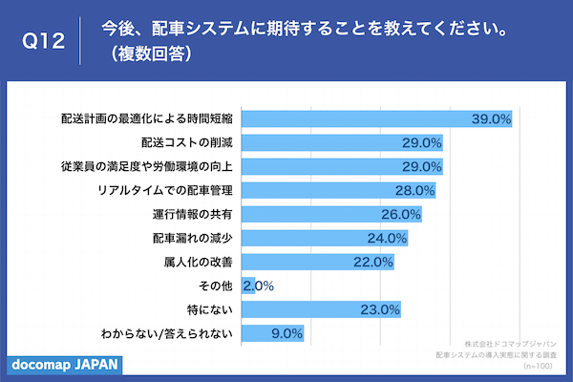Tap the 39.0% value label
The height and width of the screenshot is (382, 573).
pos(493,119)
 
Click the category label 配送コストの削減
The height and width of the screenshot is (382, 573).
pos(187,143)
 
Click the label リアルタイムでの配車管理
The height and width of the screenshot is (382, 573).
pos(166,191)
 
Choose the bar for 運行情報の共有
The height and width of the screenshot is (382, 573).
pos(325,215)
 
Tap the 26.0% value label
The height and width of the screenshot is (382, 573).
pos(401,215)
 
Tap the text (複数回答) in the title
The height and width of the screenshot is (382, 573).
pos(153,54)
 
